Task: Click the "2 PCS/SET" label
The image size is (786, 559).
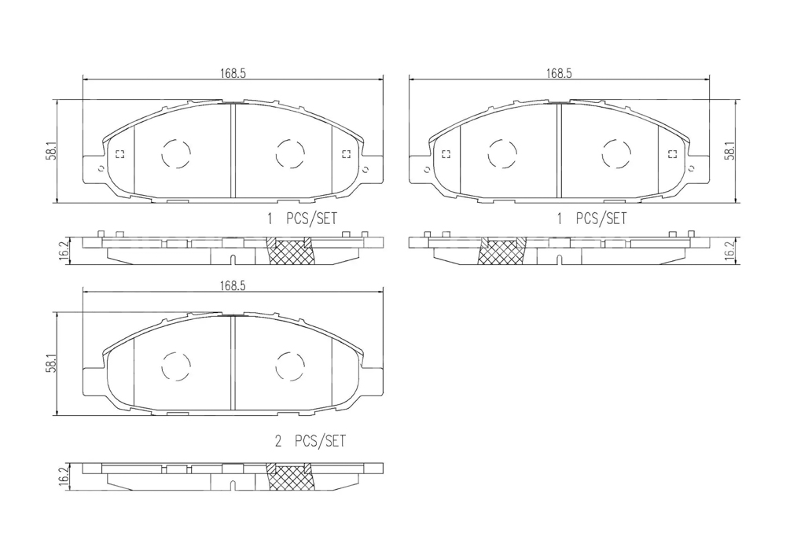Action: click(310, 441)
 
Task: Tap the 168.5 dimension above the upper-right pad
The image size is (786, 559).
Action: click(559, 73)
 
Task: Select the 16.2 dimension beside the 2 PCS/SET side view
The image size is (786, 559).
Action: click(63, 476)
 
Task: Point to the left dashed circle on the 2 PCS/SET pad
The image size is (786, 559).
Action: click(176, 366)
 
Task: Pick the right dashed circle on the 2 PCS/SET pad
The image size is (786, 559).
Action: click(290, 366)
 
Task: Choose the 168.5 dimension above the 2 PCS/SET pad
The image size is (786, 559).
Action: click(233, 285)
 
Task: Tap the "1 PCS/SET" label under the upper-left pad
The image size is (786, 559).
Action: click(302, 219)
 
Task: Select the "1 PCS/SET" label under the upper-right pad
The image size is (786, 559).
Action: click(592, 219)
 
